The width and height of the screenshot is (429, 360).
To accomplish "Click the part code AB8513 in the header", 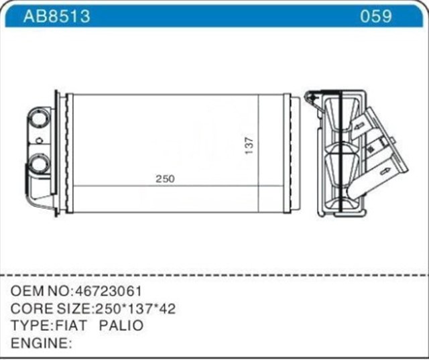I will click(x=56, y=16).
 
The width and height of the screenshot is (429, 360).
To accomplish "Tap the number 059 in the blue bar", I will click(x=376, y=16).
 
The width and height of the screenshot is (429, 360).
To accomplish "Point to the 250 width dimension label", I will click(x=165, y=179).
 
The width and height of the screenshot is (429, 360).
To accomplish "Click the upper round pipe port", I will click(x=40, y=119).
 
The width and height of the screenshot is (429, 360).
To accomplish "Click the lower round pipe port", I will click(x=40, y=162).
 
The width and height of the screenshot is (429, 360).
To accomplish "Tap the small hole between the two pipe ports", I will click(x=39, y=141).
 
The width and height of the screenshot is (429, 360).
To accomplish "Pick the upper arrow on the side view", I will click(x=359, y=125).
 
